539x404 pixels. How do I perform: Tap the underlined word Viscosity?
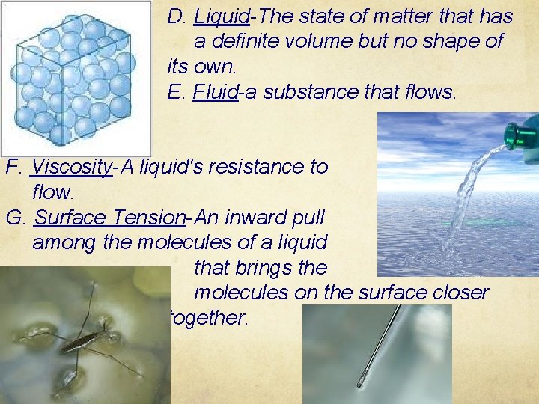(x=73, y=167)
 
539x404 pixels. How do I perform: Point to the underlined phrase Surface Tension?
(x=110, y=218)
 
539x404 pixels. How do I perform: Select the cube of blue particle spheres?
(x=71, y=79)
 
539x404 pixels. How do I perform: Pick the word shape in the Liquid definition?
(x=456, y=42)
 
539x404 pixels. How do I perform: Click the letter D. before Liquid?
(x=177, y=16)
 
